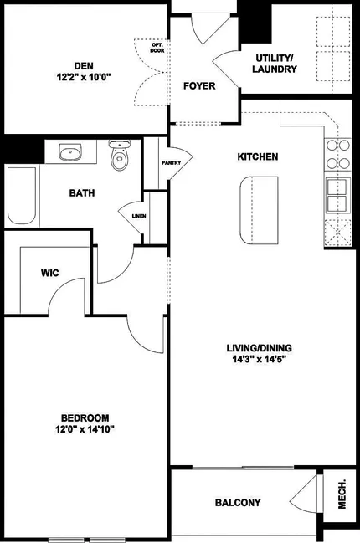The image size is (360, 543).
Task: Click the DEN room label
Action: coord(84,66)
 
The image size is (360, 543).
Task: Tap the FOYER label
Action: coord(199,86)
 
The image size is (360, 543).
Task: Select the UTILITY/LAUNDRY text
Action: coord(275,64)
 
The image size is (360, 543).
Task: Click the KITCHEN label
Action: coord(257,156)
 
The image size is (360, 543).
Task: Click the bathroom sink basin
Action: coord(70,151)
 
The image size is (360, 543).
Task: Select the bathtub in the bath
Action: coord(22,196)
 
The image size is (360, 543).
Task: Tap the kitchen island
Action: coord(259,210)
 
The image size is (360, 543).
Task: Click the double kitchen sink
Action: coord(338,195)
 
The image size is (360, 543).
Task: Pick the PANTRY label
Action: coord(172,163)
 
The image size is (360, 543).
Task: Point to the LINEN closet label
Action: coord(139,216)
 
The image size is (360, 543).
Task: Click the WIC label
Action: coord(50,273)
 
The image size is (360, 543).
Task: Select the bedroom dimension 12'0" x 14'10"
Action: coord(85,430)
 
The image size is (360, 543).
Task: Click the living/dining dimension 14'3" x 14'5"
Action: coord(259,360)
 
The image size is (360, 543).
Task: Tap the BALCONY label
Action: coord(238,503)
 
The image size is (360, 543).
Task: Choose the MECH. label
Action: coord(342,494)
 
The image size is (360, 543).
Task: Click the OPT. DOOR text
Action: coord(157,48)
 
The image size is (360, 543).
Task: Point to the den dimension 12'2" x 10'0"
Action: coord(84,77)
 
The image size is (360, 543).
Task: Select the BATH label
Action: coord(82,193)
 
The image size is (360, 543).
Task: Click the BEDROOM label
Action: coord(85,418)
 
